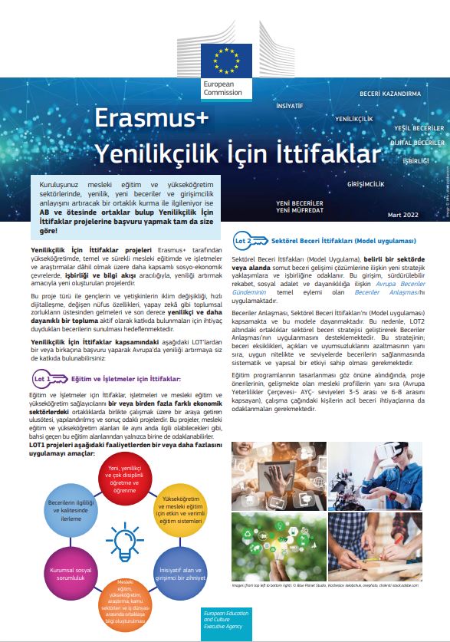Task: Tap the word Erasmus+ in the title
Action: tap(151, 120)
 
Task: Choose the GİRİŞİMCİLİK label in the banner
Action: tap(366, 185)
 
